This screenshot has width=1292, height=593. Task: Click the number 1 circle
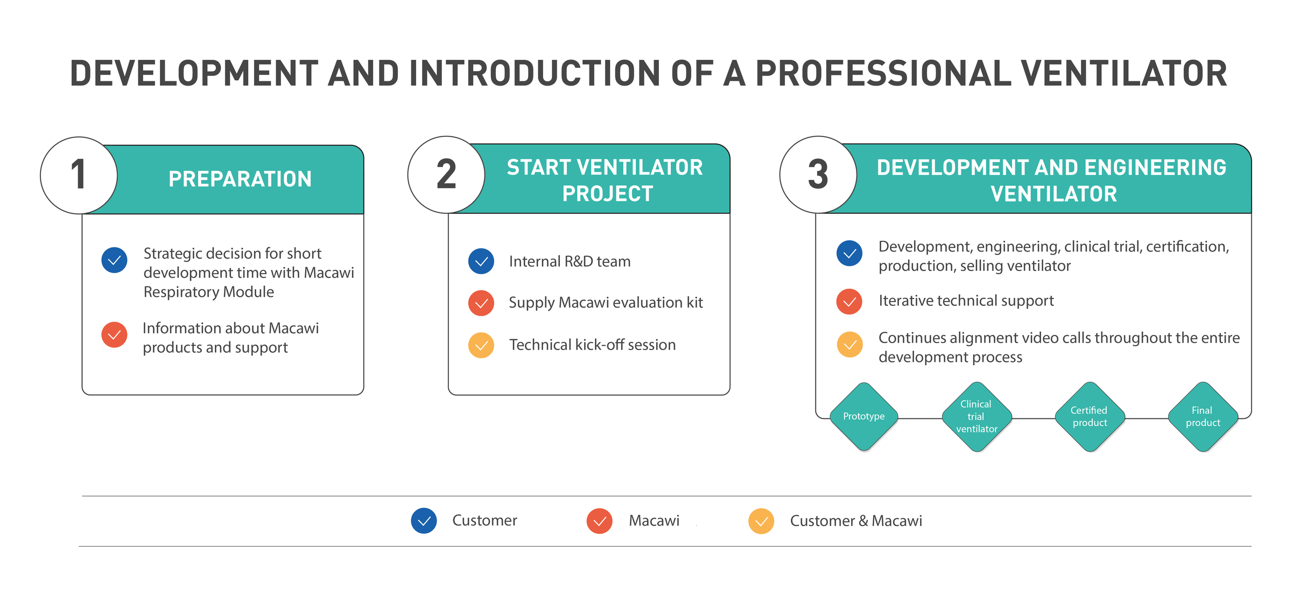point(79,175)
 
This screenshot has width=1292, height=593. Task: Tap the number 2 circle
point(446,175)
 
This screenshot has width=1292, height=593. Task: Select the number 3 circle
point(818,175)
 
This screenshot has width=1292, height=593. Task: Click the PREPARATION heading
point(240,179)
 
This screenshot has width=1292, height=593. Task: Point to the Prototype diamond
point(863,416)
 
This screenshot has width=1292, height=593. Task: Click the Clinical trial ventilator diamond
point(977,416)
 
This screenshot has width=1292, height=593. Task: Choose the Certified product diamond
point(1090,416)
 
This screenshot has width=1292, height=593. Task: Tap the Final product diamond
point(1203,416)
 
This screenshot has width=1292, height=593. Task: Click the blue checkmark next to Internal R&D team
point(481,261)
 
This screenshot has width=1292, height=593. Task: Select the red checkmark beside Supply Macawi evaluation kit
point(481,303)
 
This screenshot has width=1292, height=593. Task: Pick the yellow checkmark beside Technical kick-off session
point(481,345)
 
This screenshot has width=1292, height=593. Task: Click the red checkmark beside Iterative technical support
point(849,301)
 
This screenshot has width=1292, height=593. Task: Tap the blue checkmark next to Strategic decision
point(114,260)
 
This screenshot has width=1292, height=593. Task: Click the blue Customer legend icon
point(424,521)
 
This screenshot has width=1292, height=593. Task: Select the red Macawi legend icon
point(599,521)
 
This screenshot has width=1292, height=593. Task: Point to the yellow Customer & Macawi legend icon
point(761,521)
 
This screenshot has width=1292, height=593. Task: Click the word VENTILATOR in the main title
point(1124,73)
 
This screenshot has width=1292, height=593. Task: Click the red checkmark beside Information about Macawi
point(114,334)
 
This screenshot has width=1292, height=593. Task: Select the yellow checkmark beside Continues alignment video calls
point(849,345)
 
